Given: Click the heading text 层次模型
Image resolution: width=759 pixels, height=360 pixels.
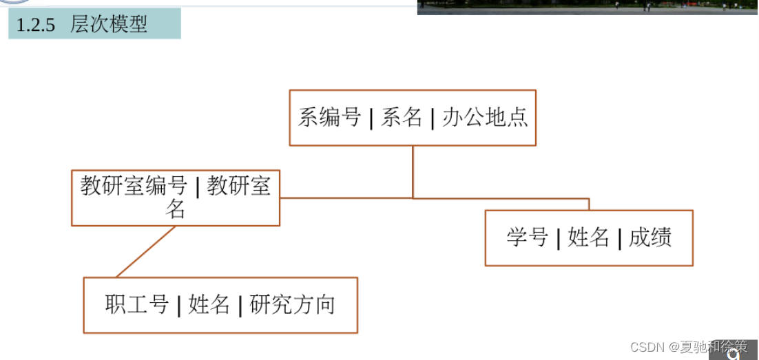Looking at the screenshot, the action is click(109, 25).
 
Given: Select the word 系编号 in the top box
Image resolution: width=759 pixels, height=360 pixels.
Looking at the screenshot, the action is click(329, 117).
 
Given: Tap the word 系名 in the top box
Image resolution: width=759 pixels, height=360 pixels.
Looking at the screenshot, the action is click(402, 117).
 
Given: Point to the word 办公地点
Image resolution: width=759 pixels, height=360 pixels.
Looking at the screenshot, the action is click(485, 117).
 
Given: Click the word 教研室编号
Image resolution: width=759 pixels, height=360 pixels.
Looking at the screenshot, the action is click(134, 186).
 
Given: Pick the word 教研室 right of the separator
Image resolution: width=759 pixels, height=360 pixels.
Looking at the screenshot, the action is click(239, 186).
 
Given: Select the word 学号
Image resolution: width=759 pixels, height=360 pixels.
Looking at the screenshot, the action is click(527, 238).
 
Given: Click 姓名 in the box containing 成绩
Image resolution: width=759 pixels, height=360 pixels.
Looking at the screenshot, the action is click(588, 238).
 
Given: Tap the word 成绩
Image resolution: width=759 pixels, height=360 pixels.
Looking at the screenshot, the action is click(649, 238).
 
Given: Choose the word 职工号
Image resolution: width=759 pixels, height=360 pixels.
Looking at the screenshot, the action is click(137, 304).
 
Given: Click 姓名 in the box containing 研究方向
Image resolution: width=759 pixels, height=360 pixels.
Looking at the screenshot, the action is click(209, 304).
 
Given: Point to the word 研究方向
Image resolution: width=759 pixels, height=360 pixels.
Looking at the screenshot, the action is click(292, 304).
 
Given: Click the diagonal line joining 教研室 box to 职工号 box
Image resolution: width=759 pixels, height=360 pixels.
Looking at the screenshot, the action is click(146, 252).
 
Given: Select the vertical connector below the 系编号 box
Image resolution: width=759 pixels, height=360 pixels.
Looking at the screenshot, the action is click(413, 172).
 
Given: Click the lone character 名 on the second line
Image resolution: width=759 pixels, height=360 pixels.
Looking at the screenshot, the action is click(175, 209).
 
